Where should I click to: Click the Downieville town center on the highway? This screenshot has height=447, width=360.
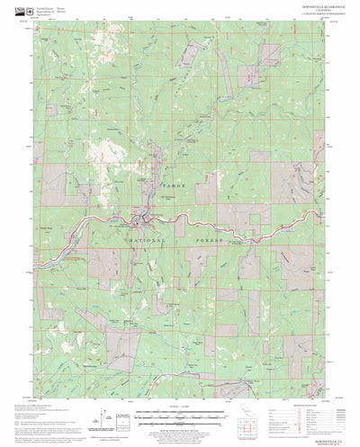[x=138, y=219]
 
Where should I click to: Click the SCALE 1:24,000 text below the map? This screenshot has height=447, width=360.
[x=179, y=407]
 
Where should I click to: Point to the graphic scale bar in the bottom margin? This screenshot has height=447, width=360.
[x=179, y=415]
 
